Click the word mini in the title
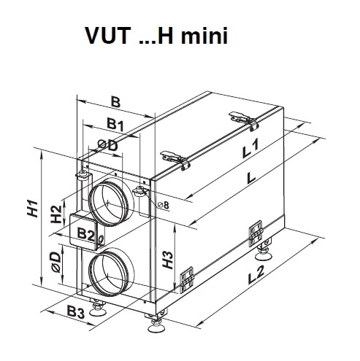(x=204, y=36)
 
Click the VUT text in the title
(x=108, y=36)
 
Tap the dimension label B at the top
(x=115, y=102)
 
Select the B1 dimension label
(x=115, y=124)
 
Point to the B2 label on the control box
(x=85, y=234)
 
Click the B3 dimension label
(x=76, y=312)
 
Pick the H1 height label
(x=33, y=209)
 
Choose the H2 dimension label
(x=56, y=214)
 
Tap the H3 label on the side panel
(x=168, y=260)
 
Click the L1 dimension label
(x=250, y=149)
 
